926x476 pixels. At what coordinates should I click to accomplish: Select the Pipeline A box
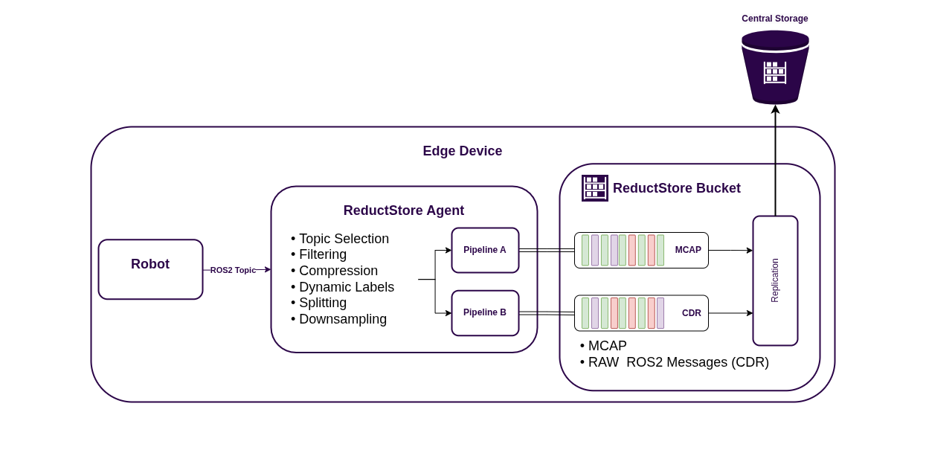click(x=485, y=250)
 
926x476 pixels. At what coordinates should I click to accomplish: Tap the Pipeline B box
click(x=485, y=312)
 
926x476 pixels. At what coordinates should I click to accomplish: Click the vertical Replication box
click(x=775, y=280)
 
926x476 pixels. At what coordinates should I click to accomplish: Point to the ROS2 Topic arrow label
click(x=233, y=270)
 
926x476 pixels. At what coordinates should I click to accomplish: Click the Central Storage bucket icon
click(x=775, y=67)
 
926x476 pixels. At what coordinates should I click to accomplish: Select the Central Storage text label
click(x=774, y=19)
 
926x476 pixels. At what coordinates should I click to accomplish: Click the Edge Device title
click(x=462, y=151)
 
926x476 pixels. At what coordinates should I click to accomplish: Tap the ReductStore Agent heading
click(x=403, y=210)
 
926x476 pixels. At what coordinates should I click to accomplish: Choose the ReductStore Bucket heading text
click(x=676, y=188)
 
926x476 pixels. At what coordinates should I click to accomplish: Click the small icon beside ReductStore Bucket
click(x=594, y=188)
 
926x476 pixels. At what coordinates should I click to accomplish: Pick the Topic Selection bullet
click(x=343, y=239)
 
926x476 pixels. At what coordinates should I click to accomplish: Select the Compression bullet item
click(x=338, y=271)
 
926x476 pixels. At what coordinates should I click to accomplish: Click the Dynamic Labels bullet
click(x=346, y=287)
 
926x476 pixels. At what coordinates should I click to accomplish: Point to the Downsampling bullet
click(x=342, y=319)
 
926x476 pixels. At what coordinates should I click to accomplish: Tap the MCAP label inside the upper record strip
click(x=688, y=250)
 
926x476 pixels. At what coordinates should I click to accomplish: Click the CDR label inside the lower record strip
click(x=692, y=313)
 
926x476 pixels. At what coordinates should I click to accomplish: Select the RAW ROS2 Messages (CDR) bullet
click(x=678, y=362)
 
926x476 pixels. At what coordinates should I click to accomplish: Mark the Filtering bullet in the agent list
click(x=322, y=254)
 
